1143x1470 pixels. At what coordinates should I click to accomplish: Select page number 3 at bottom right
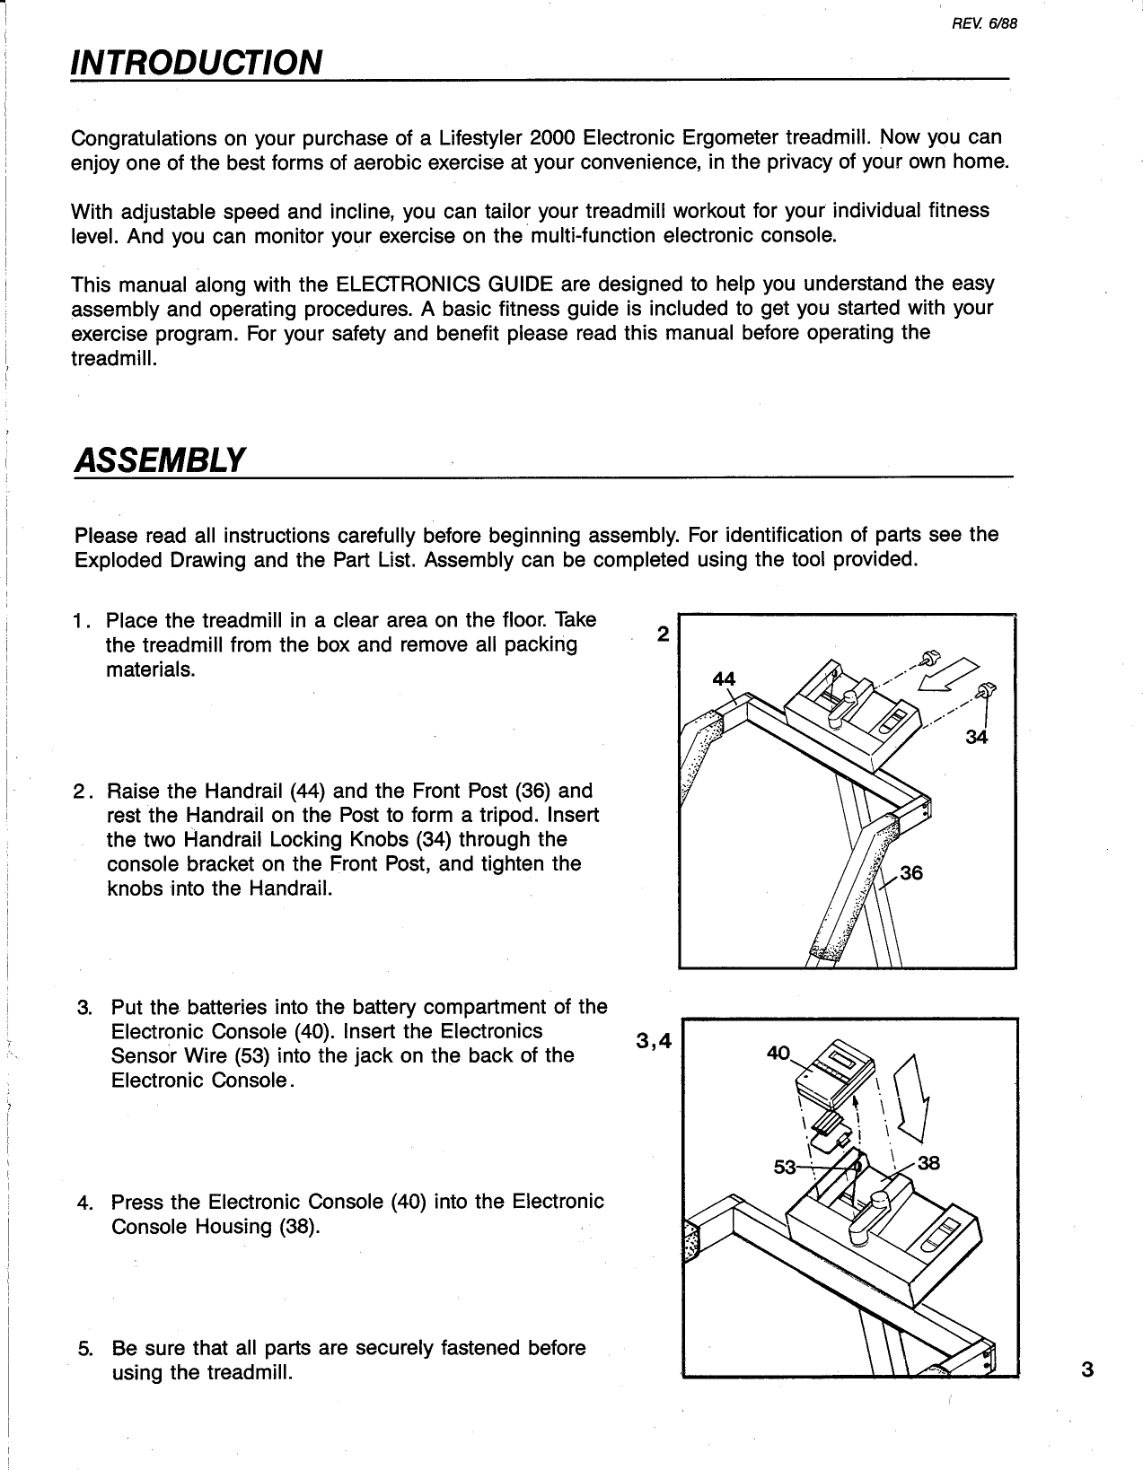(x=1088, y=1369)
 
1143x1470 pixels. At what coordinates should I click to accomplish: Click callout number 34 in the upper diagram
(x=976, y=738)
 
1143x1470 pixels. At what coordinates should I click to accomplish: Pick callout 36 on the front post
(x=910, y=872)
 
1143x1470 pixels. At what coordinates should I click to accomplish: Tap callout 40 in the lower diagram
(x=778, y=1054)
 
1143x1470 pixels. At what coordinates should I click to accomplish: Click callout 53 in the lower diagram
(x=786, y=1168)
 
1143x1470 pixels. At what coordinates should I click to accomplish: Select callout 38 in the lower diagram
(x=928, y=1163)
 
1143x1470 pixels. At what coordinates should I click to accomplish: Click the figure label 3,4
(x=653, y=1040)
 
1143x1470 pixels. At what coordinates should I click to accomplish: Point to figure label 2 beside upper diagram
(x=663, y=634)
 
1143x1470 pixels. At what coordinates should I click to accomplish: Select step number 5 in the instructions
(x=84, y=1349)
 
